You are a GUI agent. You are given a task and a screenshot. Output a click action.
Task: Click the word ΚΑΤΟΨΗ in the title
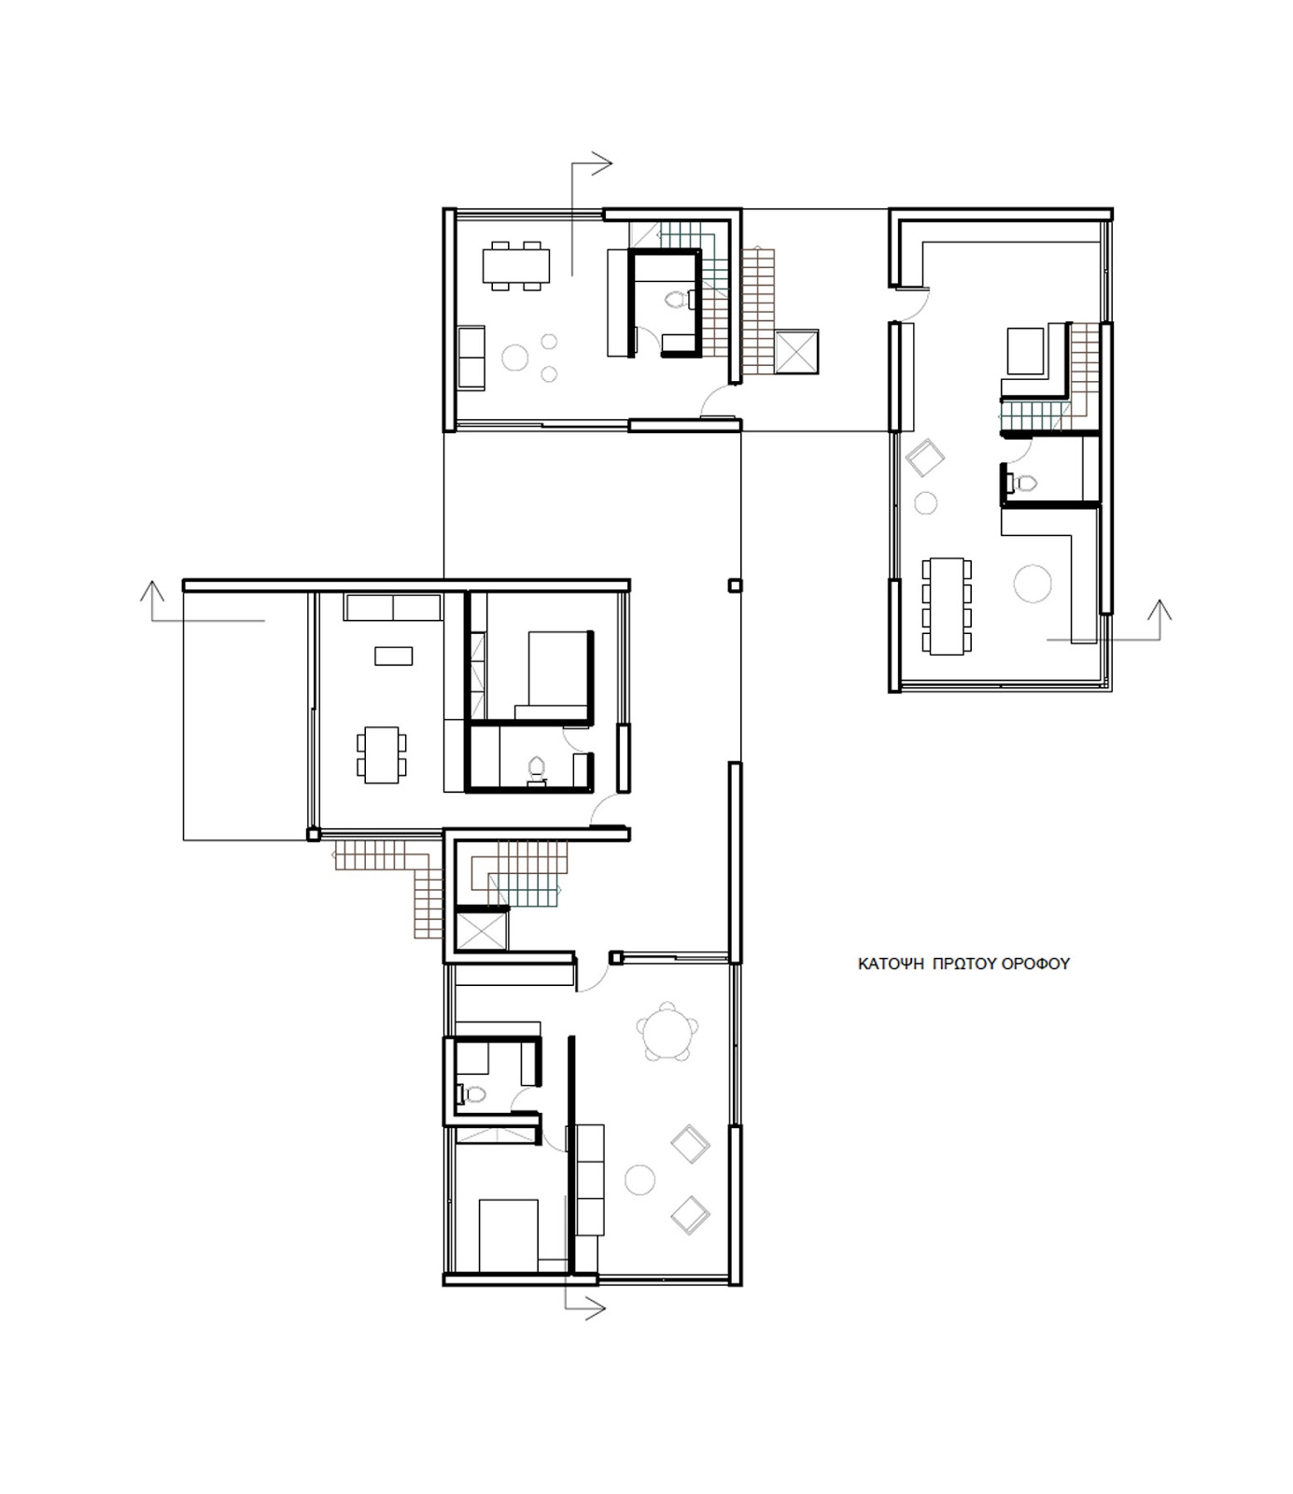(x=888, y=964)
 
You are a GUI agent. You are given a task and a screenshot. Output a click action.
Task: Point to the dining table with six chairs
(x=514, y=265)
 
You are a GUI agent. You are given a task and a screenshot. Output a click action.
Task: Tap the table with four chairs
(x=381, y=754)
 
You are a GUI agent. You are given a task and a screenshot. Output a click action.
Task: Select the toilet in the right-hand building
(x=1025, y=483)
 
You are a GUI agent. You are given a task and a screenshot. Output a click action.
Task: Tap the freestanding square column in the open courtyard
(x=735, y=585)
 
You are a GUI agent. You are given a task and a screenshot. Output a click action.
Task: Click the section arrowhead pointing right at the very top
(x=603, y=163)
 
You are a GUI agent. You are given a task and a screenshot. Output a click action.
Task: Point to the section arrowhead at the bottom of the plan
(x=596, y=1308)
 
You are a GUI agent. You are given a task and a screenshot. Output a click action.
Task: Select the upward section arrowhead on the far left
(x=151, y=591)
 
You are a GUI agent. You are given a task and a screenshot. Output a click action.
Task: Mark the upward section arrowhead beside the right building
(x=1159, y=611)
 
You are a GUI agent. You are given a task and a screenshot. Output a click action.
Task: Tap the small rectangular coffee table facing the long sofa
(x=393, y=656)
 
